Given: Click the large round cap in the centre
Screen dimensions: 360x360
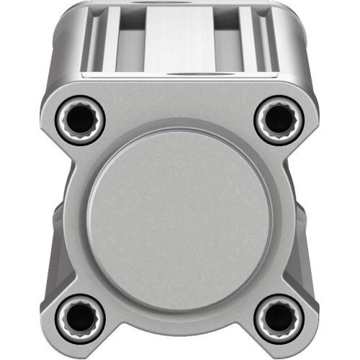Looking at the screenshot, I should pyautogui.click(x=179, y=215).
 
